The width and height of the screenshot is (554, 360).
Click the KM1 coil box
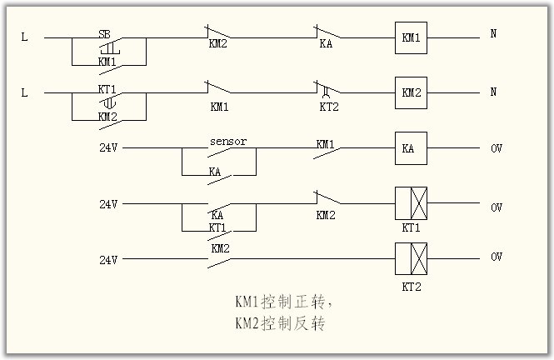tap(410, 37)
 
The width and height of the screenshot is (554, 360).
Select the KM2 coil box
tap(410, 92)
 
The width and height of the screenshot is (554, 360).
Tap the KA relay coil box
tap(410, 149)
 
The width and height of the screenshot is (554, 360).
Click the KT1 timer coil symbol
tap(410, 202)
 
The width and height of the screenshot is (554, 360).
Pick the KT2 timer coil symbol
tap(410, 258)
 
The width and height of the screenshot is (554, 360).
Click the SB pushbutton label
tap(105, 33)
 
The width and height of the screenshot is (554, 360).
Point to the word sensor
tap(227, 142)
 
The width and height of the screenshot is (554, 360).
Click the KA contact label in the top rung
tap(326, 44)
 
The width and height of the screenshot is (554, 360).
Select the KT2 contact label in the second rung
tap(327, 107)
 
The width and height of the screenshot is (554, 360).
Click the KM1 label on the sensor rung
tap(325, 144)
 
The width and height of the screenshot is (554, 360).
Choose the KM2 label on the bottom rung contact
tap(220, 248)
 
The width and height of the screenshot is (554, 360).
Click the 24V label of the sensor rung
tap(109, 149)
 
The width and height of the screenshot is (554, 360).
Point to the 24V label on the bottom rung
tap(109, 259)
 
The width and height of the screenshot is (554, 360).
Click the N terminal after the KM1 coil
tap(493, 35)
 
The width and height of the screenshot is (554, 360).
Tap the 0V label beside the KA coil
tap(497, 148)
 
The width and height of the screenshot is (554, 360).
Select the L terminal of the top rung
tap(24, 37)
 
